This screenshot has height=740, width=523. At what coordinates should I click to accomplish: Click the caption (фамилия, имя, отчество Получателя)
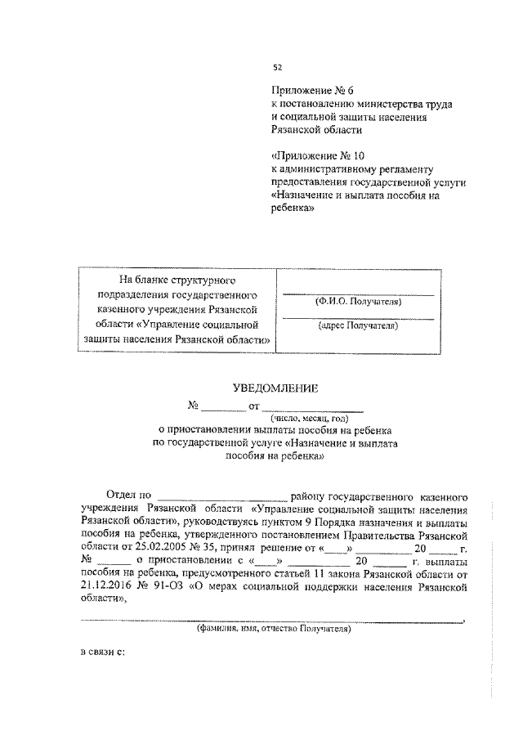click(273, 630)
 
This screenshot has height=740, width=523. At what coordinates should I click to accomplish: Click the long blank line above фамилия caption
click(270, 621)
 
